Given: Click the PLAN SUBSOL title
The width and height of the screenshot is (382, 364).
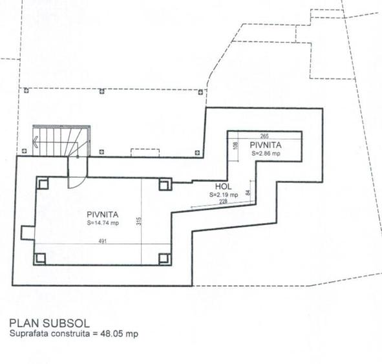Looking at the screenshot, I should click(50, 323).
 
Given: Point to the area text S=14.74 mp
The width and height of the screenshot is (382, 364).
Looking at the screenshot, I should click(103, 223).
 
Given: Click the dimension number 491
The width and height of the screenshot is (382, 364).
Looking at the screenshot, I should click(102, 241).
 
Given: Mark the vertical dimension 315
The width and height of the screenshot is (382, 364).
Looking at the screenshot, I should click(138, 221).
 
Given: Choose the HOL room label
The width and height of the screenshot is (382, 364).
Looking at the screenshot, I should click(223, 186).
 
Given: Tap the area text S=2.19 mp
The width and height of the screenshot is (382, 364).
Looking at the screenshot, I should click(224, 194).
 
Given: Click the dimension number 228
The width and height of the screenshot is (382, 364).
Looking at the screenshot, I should click(223, 202).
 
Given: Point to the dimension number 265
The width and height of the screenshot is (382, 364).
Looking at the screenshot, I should click(264, 136).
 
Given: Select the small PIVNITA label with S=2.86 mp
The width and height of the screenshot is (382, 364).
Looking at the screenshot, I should click(265, 146).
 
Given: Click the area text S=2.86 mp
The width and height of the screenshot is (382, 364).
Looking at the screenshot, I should click(266, 155).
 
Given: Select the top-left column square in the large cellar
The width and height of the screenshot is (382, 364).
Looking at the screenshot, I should click(41, 184).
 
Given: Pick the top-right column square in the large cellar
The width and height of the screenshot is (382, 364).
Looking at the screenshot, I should click(164, 184).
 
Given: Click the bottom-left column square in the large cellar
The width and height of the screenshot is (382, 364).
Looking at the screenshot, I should click(41, 259).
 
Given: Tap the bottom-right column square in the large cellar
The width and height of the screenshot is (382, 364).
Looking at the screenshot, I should click(164, 259).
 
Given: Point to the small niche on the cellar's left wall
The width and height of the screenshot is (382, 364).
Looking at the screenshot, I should click(27, 231).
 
